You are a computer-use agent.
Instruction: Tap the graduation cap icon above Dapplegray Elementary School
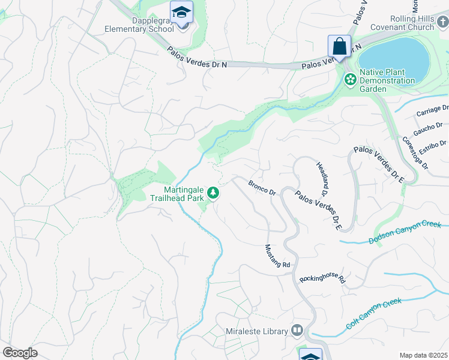point(181,12)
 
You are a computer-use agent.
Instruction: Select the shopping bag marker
point(339,46)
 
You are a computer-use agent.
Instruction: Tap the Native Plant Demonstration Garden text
point(387,80)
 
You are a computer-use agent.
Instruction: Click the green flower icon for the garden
point(349,79)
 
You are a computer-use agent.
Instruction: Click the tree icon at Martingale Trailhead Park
point(212,193)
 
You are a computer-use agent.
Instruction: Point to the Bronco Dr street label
point(261,188)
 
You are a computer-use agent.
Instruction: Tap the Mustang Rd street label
point(278,256)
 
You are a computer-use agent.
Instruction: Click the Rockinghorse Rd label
point(323,279)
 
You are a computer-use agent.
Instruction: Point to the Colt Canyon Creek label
point(373,314)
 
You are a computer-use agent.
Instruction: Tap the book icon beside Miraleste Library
point(297,331)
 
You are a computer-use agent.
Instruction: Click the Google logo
point(20,353)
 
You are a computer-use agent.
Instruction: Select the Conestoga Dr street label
point(415,152)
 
